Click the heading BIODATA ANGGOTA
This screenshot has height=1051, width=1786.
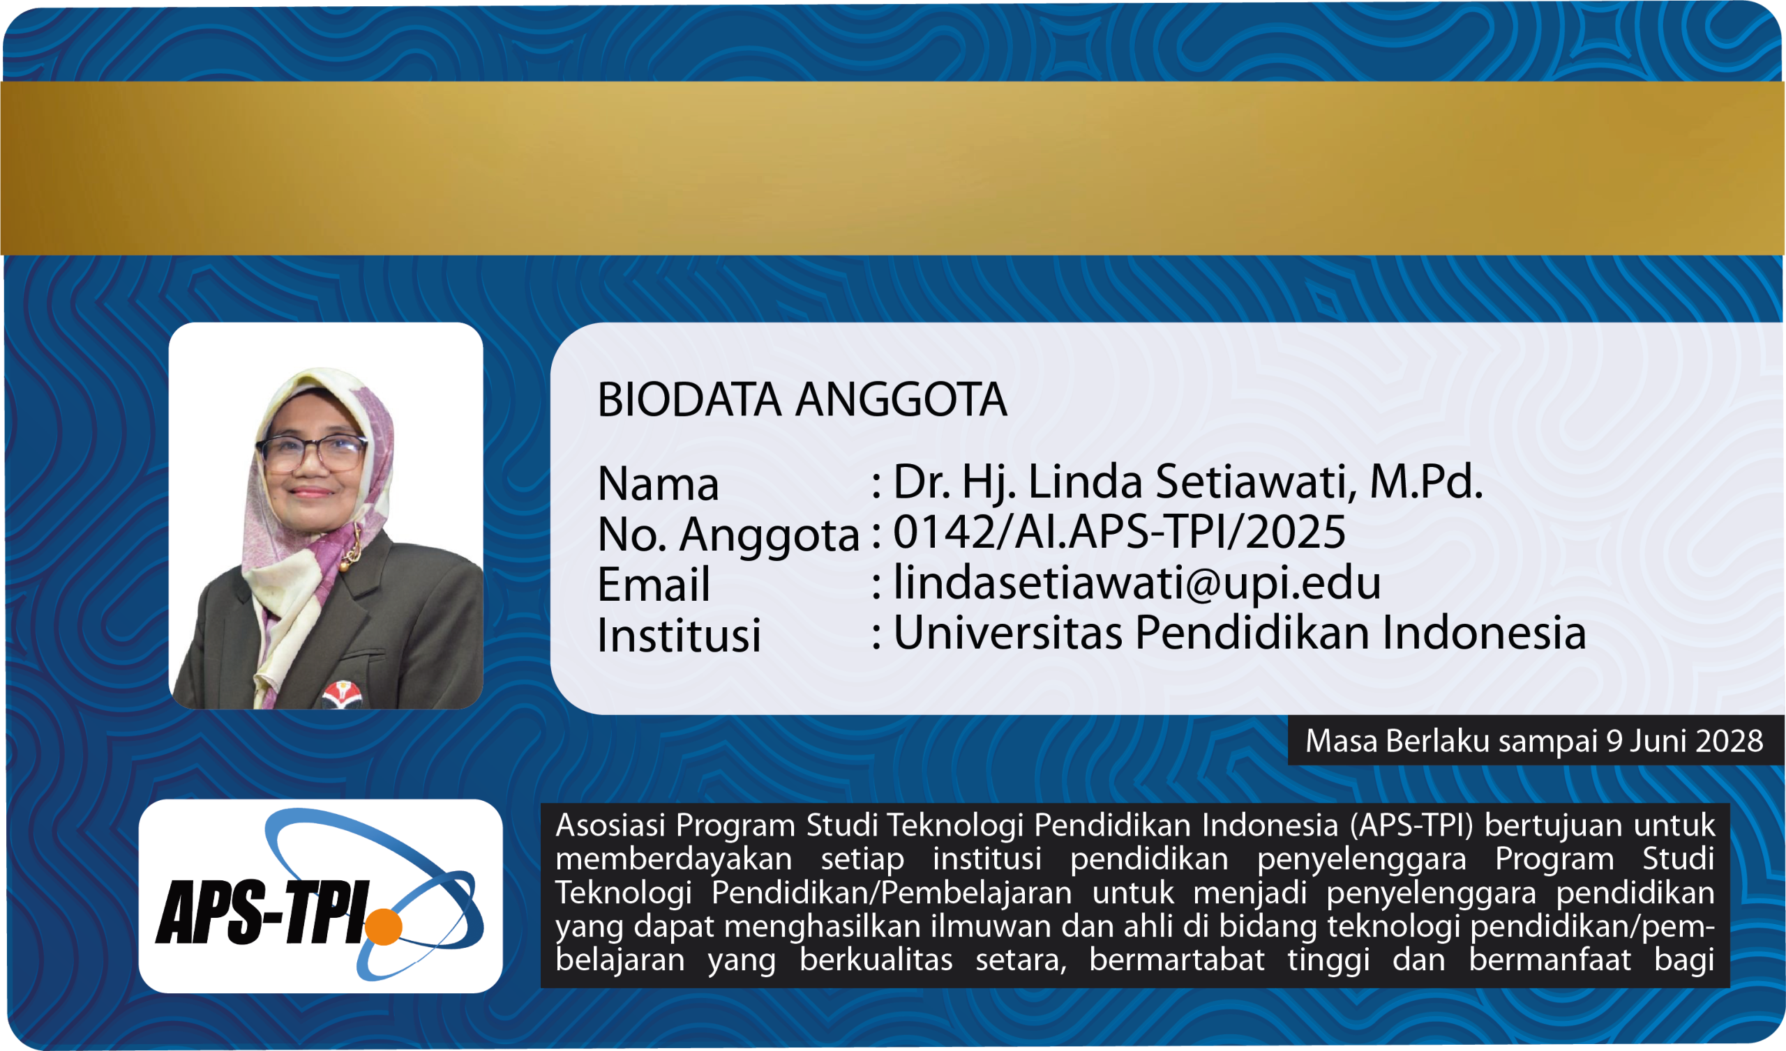coord(802,399)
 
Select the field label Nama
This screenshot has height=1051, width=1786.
coord(659,484)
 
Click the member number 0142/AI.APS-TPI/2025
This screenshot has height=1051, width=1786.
coord(1119,532)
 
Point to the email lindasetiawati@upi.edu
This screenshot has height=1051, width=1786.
coord(1136,583)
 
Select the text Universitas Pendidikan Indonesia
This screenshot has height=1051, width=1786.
coord(1240,632)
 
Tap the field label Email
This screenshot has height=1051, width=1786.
coord(654,584)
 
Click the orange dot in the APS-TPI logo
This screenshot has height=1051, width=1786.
coord(384,926)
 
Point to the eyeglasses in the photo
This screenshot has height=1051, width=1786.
coord(313,453)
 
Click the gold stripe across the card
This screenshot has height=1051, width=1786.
coord(893,168)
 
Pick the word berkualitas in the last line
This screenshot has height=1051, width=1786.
coord(876,960)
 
